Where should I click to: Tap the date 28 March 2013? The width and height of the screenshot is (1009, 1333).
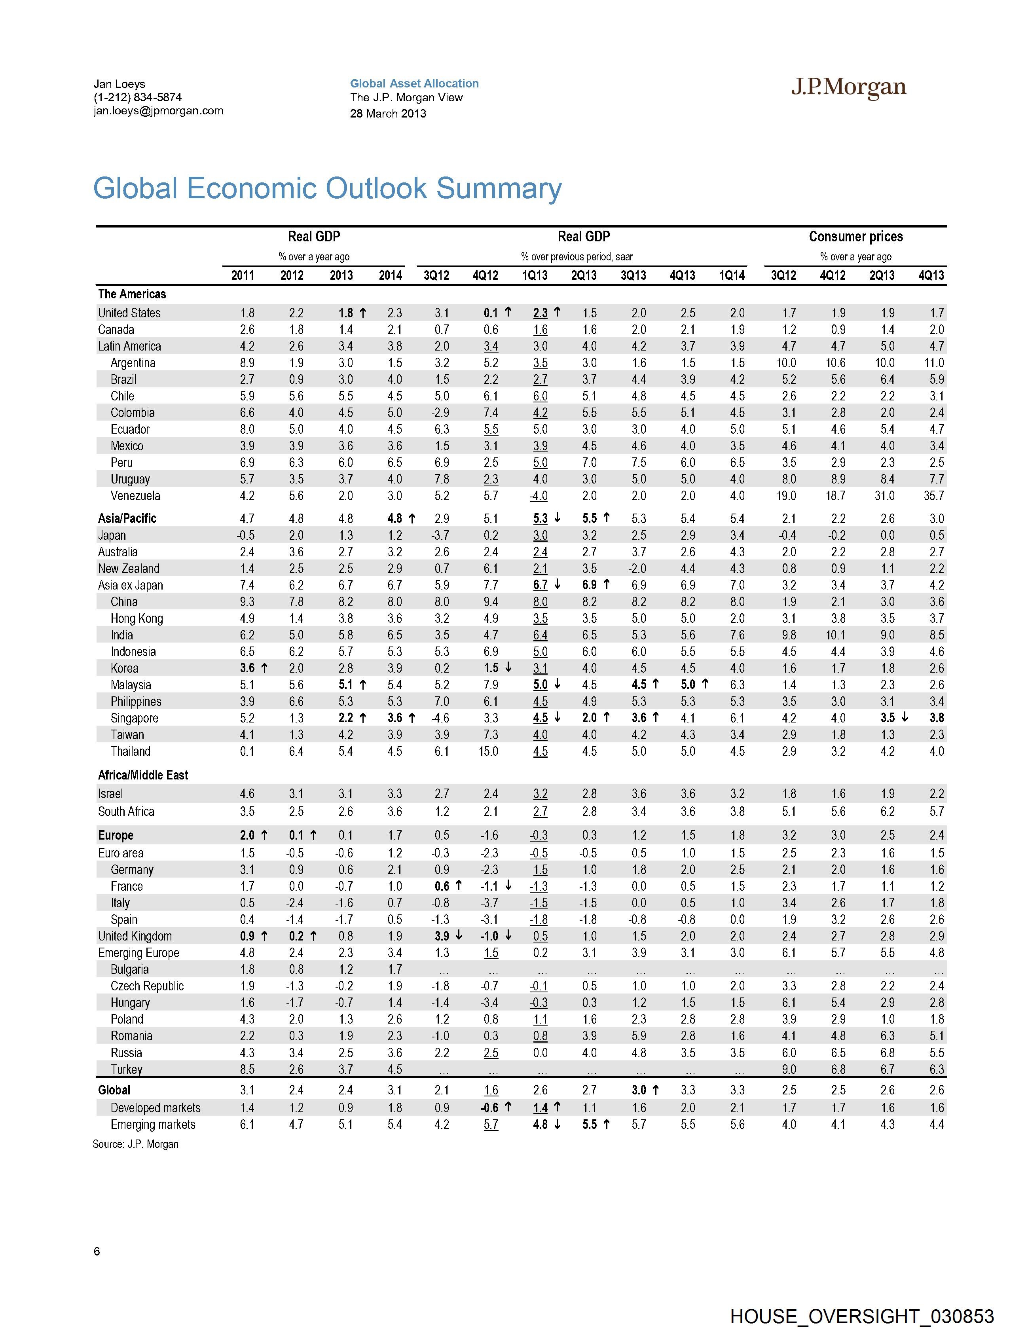point(388,113)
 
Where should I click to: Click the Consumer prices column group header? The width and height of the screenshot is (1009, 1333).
point(855,237)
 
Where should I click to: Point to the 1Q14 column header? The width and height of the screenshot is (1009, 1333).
point(731,275)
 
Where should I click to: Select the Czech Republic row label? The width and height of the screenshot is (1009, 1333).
point(147,986)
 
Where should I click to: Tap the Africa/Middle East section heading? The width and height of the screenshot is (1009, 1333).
point(143,775)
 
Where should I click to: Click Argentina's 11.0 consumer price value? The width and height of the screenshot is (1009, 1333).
point(934,363)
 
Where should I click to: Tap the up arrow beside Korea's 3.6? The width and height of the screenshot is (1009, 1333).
point(264,668)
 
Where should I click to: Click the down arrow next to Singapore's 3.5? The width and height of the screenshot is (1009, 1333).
point(905,718)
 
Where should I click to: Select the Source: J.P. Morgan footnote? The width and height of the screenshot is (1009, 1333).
point(136,1144)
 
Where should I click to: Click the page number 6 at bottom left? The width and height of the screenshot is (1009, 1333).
point(97,1251)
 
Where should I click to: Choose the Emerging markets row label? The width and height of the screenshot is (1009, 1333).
point(153,1124)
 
